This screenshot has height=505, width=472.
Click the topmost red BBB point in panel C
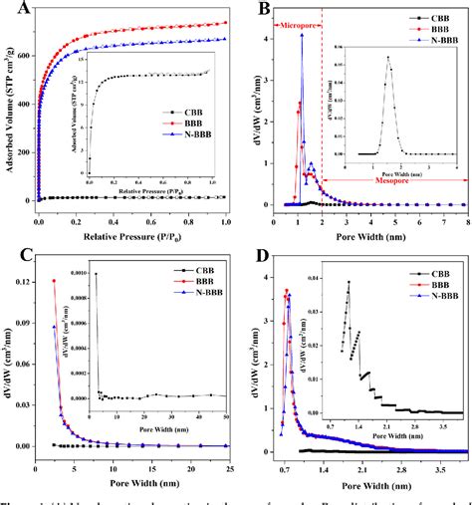pos(54,281)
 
